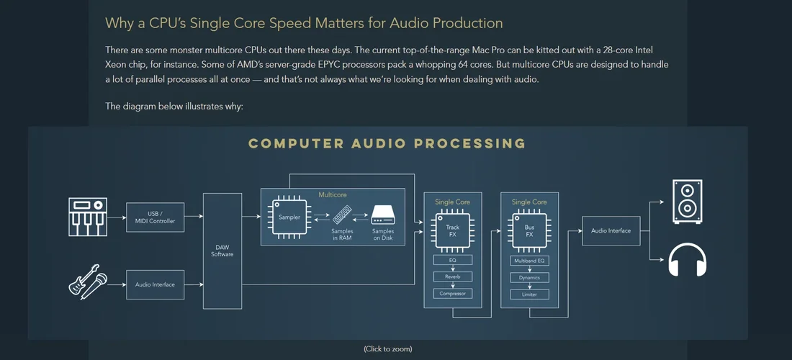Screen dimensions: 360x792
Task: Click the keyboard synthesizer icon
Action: [x=88, y=217]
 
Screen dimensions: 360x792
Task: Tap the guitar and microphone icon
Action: [x=88, y=284]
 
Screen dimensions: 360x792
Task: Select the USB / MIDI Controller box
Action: [x=155, y=217]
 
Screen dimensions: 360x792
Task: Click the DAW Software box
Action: [x=222, y=251]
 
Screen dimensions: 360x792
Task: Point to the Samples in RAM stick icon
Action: [x=342, y=214]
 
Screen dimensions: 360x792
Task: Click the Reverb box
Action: [x=452, y=276]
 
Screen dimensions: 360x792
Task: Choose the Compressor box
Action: [x=452, y=294]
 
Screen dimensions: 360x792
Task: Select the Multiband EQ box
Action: [x=529, y=260]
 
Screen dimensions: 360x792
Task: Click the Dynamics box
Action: [x=529, y=277]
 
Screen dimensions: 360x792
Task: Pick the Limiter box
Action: [x=529, y=294]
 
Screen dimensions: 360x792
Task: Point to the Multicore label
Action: [x=333, y=194]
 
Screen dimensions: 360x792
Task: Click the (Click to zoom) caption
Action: [x=388, y=349]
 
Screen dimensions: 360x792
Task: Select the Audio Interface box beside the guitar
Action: [x=155, y=284]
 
